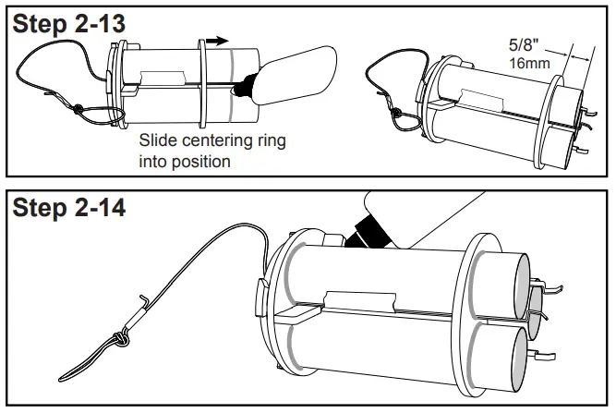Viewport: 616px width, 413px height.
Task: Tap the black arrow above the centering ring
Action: coord(216,41)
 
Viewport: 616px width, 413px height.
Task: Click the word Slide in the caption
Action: coord(157,141)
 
